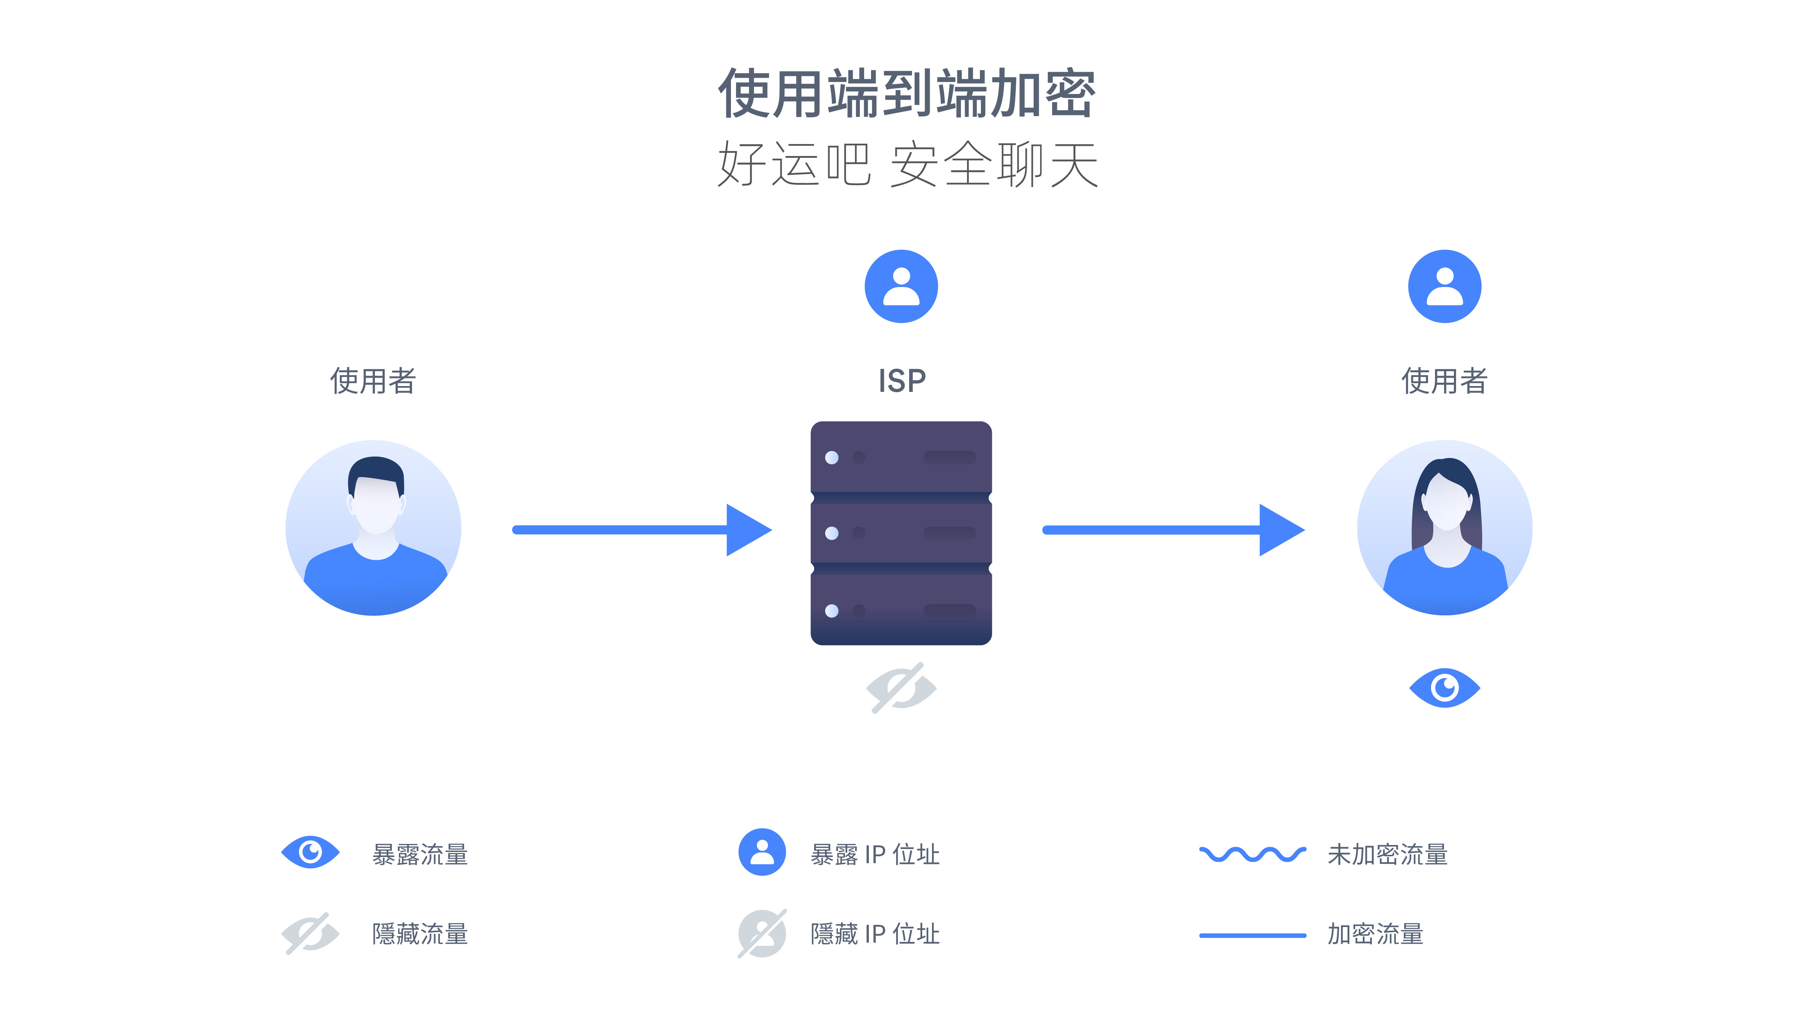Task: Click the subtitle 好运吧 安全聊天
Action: [x=907, y=164]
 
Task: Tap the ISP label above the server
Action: [x=901, y=381]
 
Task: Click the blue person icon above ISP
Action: [x=901, y=286]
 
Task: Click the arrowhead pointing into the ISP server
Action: [x=747, y=530]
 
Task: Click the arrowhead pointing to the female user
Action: [x=1280, y=530]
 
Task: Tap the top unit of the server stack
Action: [x=901, y=457]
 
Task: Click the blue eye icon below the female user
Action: [x=1444, y=688]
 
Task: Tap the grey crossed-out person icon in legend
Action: [x=762, y=934]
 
